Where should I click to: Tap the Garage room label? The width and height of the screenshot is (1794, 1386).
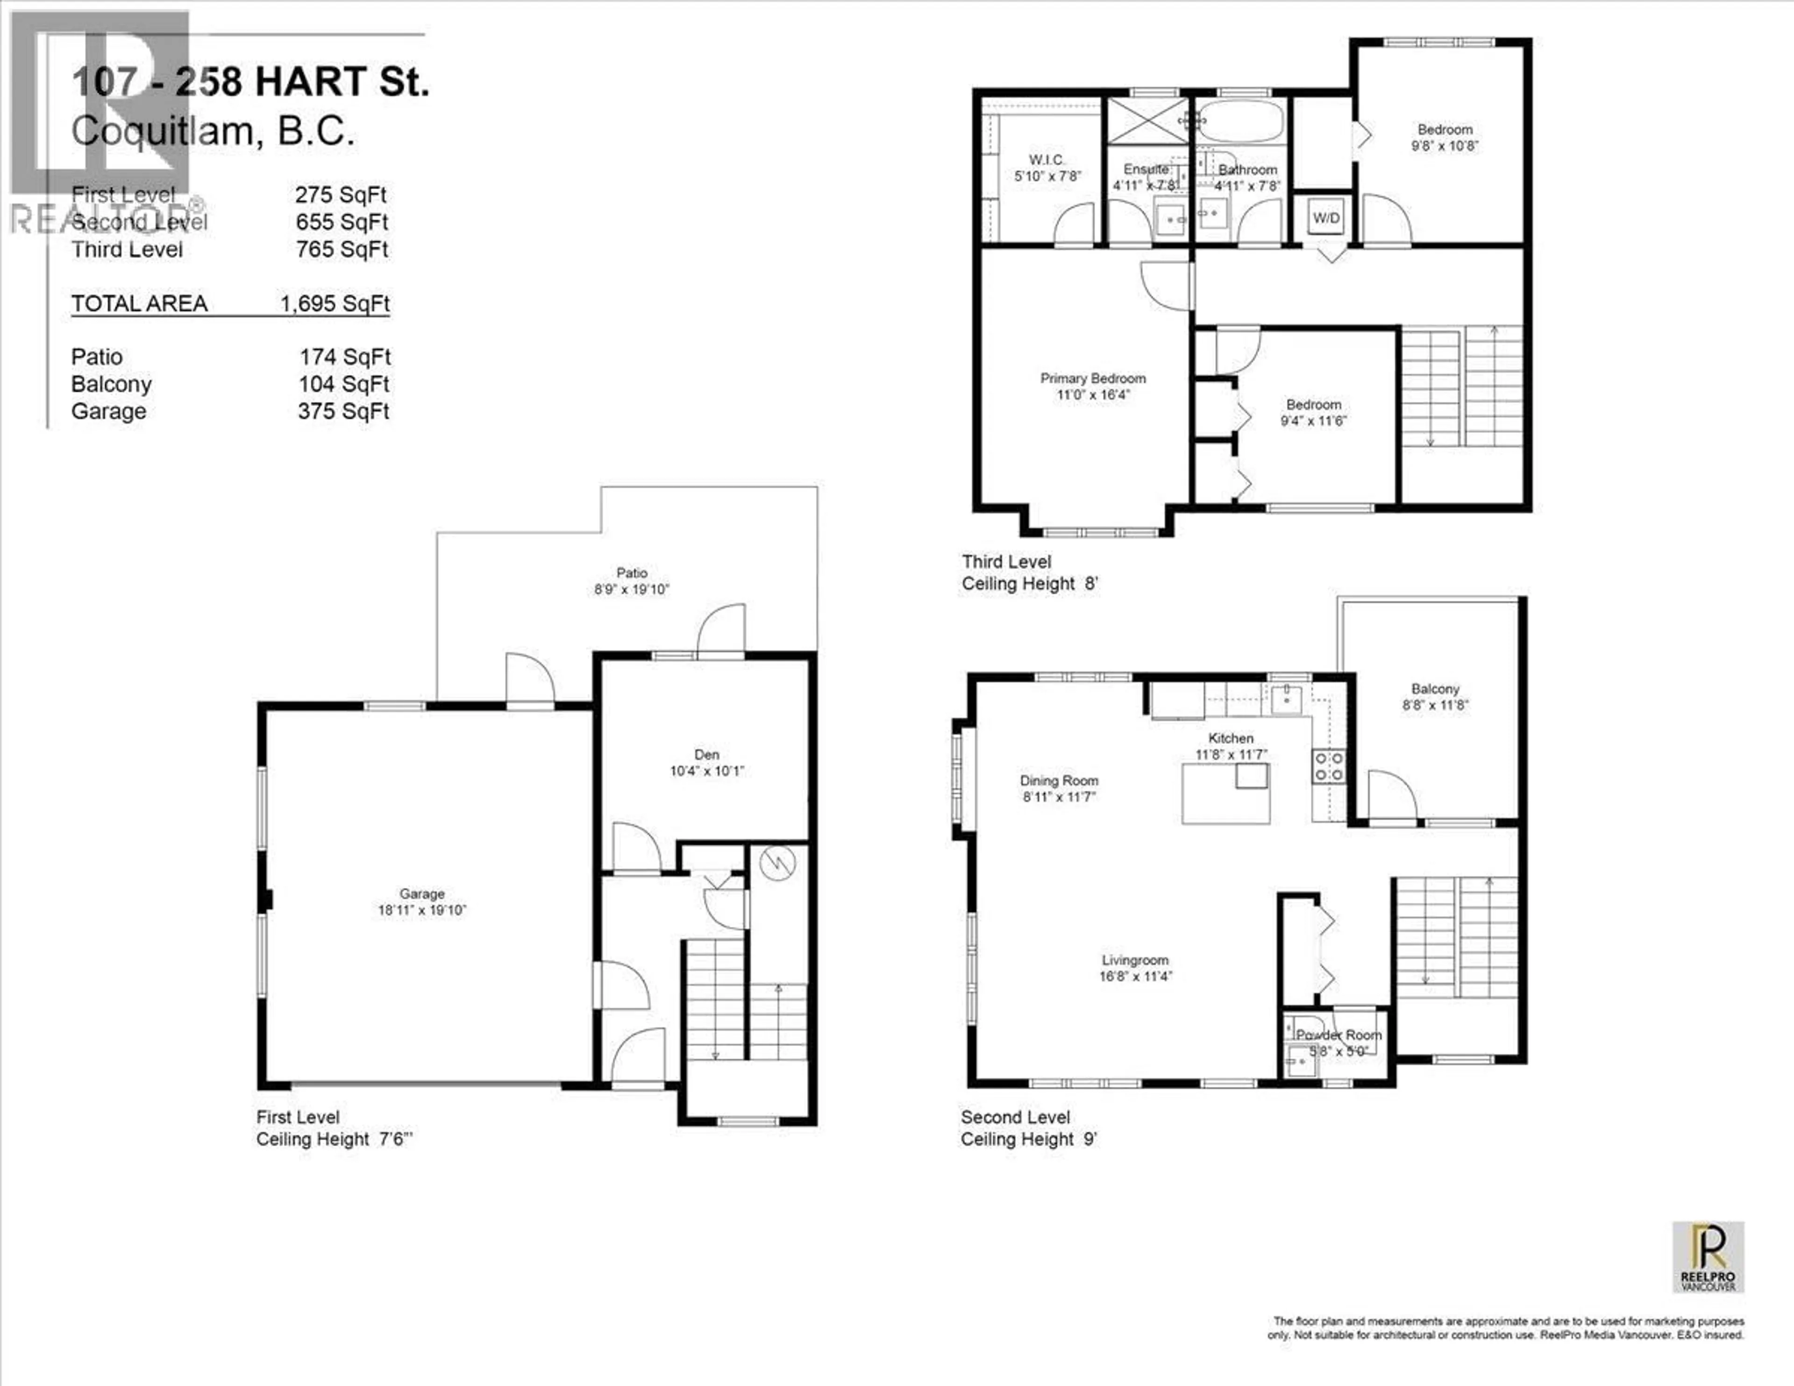point(422,893)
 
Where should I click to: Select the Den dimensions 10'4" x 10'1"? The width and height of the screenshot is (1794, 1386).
point(706,771)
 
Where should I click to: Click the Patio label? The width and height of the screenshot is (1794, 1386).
point(632,572)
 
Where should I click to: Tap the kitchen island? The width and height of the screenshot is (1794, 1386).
point(1225,793)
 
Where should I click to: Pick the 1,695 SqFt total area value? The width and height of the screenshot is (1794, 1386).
point(335,304)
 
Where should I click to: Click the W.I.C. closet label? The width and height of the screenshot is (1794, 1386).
point(1046,159)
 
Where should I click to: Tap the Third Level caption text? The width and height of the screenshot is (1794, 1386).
point(1006,562)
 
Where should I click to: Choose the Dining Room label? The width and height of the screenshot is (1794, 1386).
point(1059,780)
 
